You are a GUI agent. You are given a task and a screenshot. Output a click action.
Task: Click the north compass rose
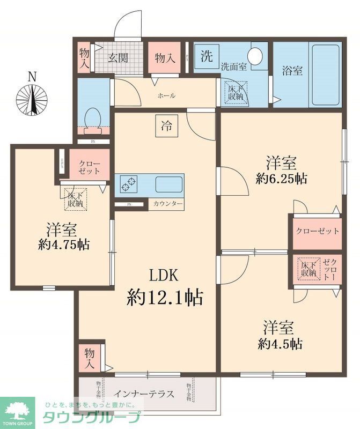(x=32, y=100)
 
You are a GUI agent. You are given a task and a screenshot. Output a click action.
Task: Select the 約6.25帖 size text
(x=281, y=179)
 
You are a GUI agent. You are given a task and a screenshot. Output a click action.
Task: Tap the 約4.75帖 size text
(x=64, y=245)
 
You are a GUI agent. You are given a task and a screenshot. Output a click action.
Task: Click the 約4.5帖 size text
(x=279, y=343)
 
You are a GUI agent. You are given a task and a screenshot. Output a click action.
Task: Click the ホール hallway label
(x=166, y=95)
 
